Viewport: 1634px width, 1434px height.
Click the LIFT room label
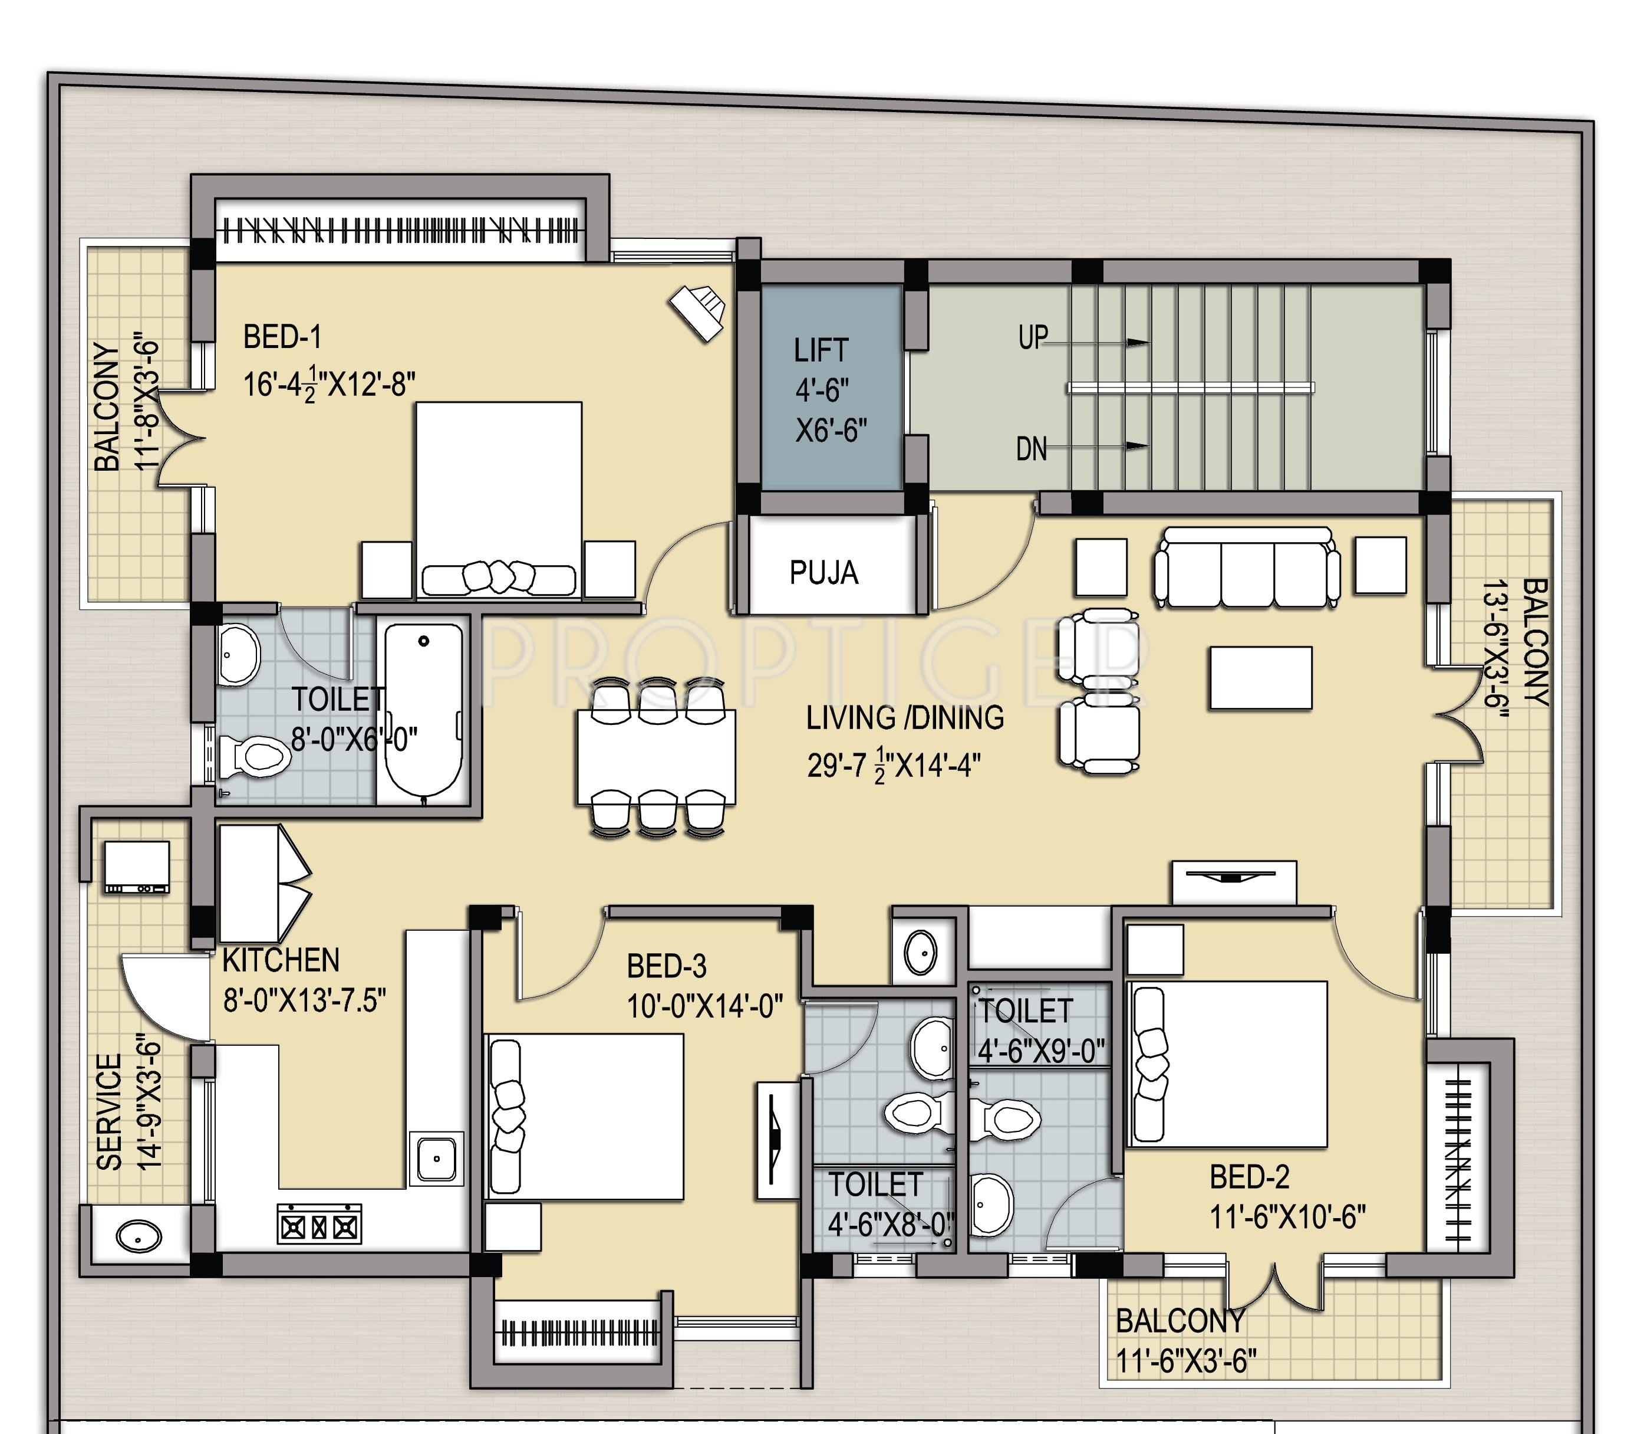(x=821, y=350)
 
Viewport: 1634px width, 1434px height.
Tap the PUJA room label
(x=824, y=573)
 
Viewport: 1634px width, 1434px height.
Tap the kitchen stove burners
(x=319, y=1225)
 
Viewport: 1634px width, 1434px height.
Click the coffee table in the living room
(x=1261, y=678)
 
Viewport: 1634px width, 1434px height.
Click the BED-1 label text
(x=282, y=337)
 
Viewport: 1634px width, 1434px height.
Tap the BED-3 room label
(x=667, y=966)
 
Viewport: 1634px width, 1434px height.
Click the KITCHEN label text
(x=281, y=960)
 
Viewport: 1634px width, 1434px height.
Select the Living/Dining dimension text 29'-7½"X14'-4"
(x=894, y=766)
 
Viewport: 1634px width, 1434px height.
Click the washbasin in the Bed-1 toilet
(x=238, y=654)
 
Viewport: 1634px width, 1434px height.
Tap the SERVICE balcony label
(x=110, y=1112)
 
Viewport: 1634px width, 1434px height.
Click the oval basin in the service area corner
(x=139, y=1236)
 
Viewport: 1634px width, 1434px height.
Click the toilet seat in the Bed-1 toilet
(x=254, y=755)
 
